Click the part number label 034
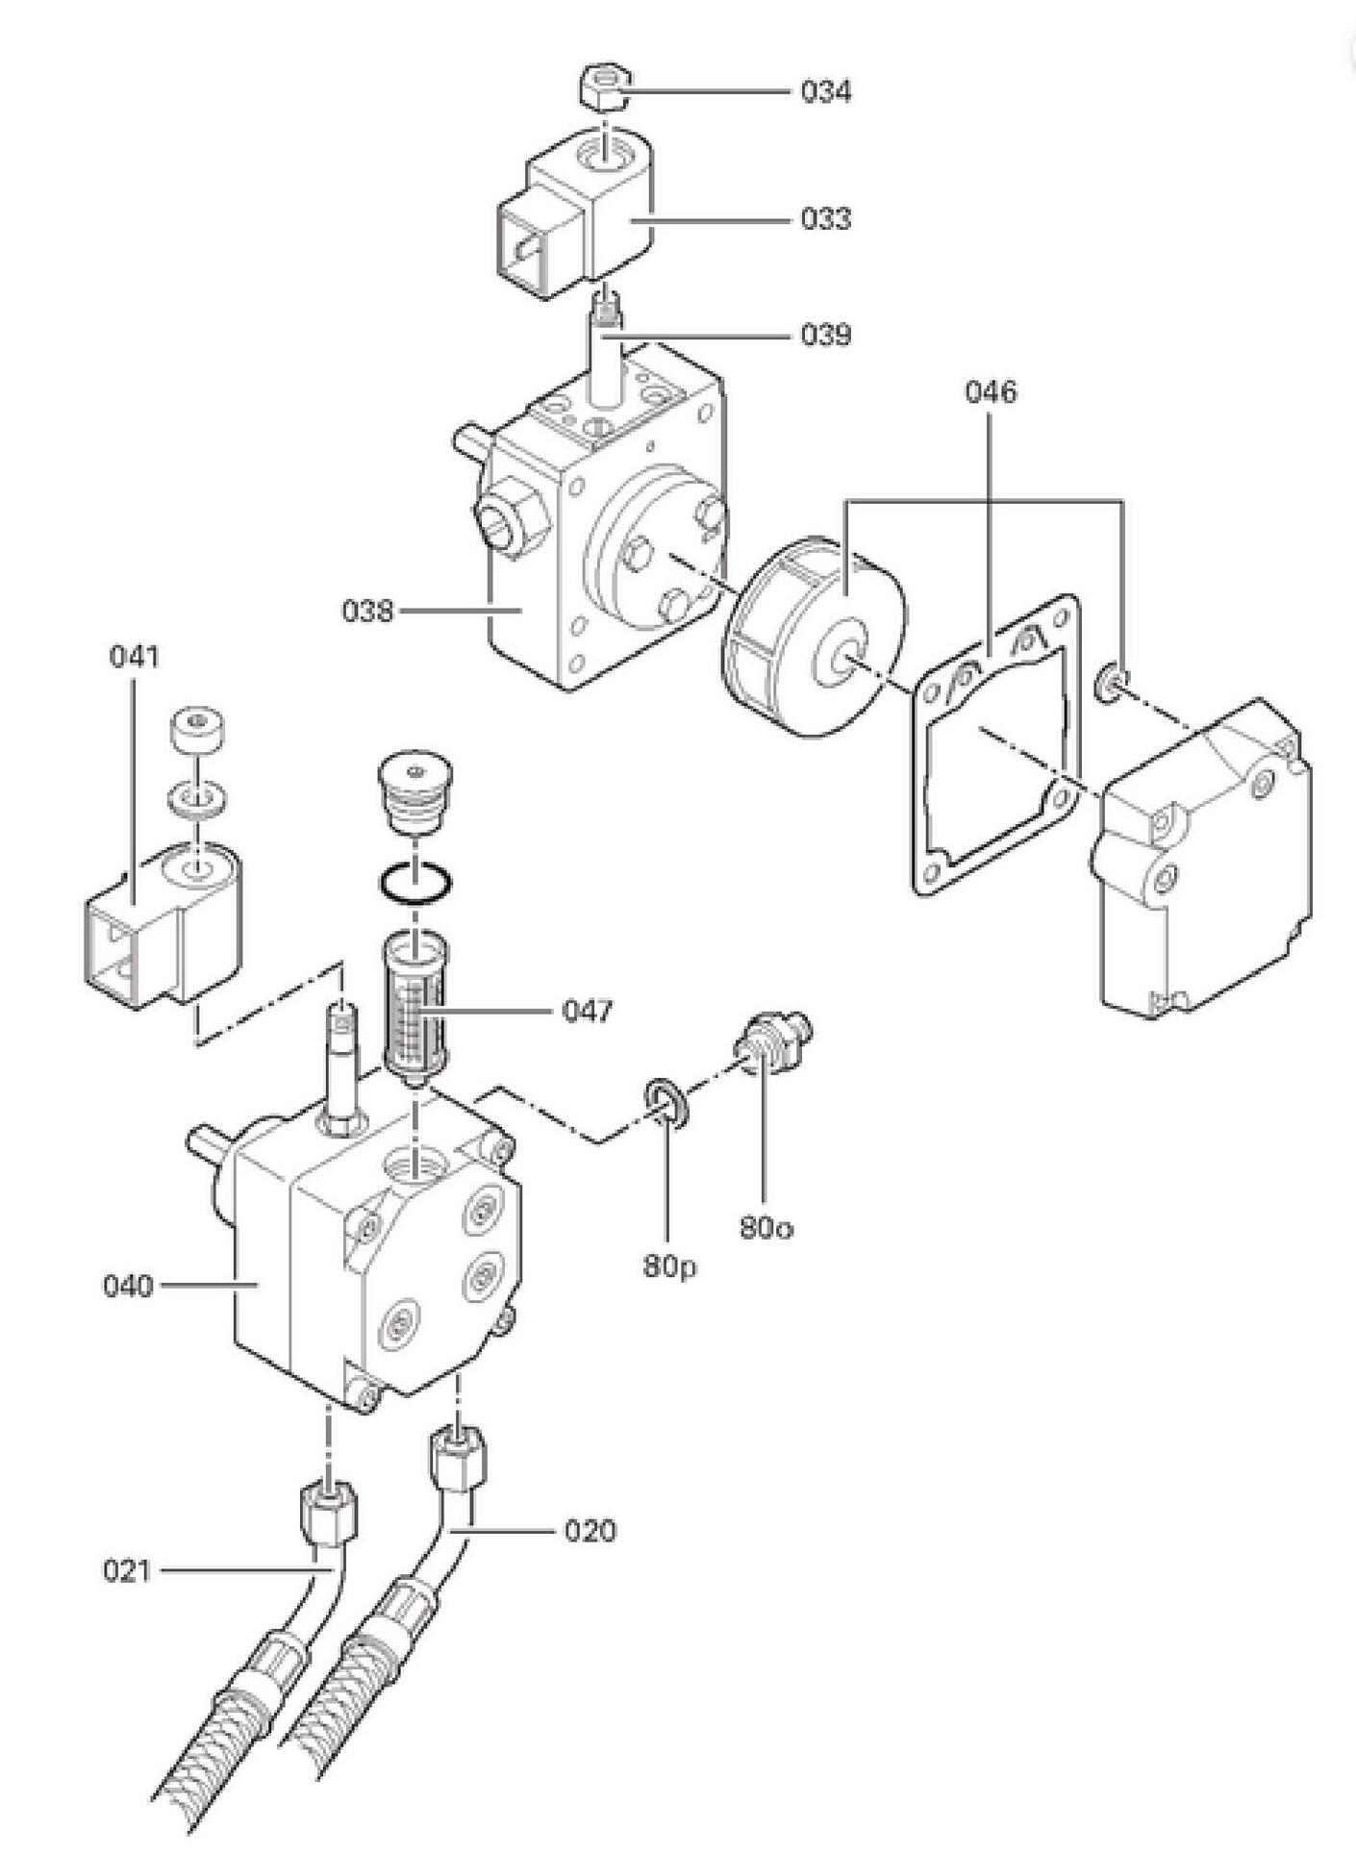click(x=826, y=92)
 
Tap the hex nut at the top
click(x=603, y=89)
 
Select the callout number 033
click(x=826, y=219)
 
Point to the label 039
click(x=826, y=336)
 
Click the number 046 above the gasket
click(x=991, y=392)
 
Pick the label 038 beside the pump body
click(x=367, y=611)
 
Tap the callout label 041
click(x=135, y=657)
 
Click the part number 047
click(x=588, y=1012)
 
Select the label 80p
click(x=669, y=1267)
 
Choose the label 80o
click(x=766, y=1228)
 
